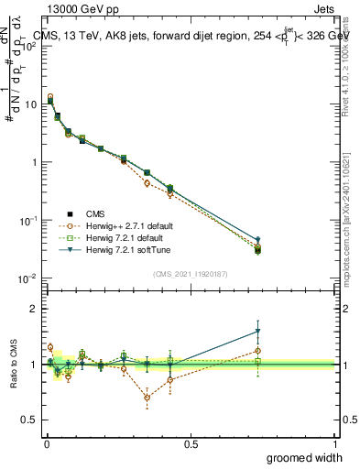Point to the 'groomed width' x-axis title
(x=305, y=457)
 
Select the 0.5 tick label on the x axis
(x=191, y=444)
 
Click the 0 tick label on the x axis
(x=46, y=444)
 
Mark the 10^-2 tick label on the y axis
(x=27, y=278)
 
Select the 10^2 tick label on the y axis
(x=27, y=46)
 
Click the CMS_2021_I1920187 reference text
(x=190, y=273)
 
